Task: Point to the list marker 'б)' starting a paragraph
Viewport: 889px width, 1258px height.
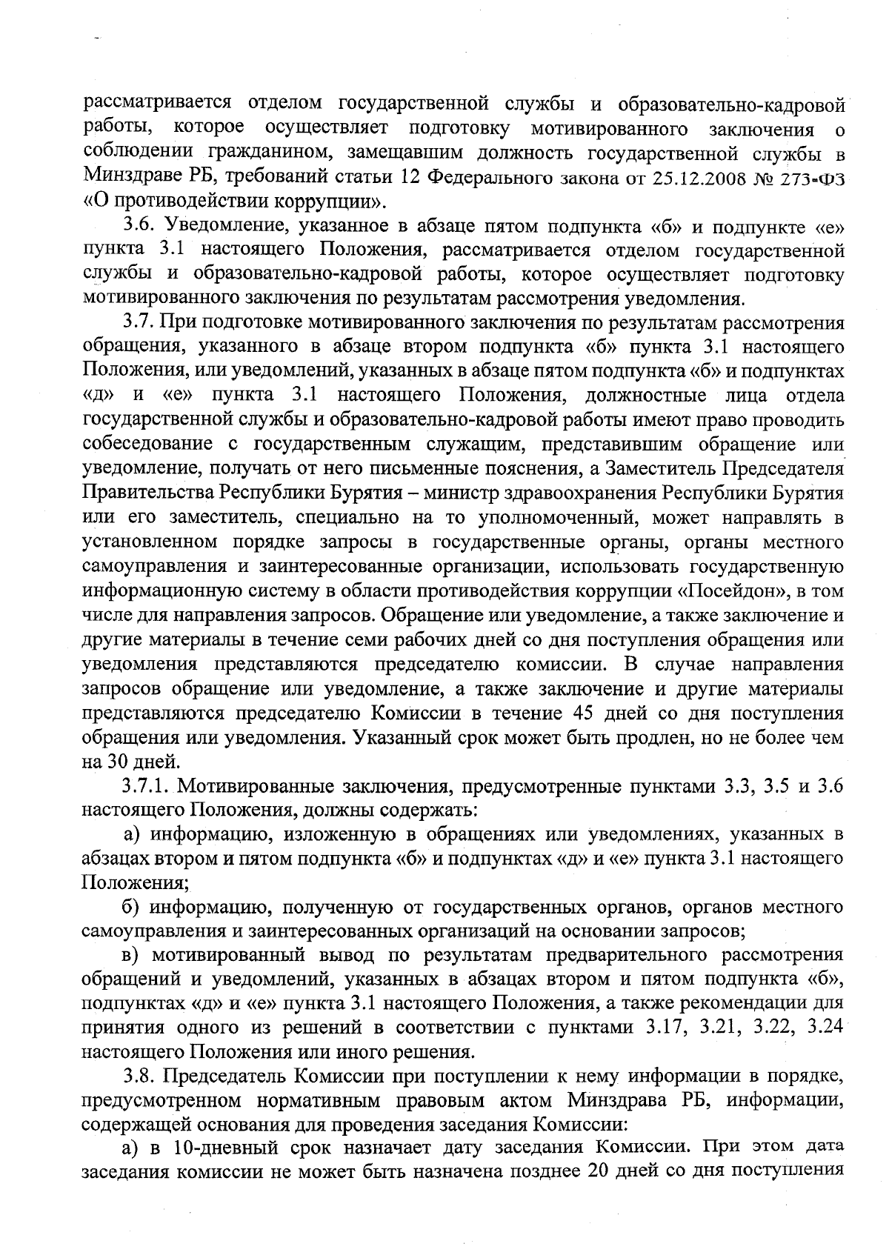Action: [x=132, y=906]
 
